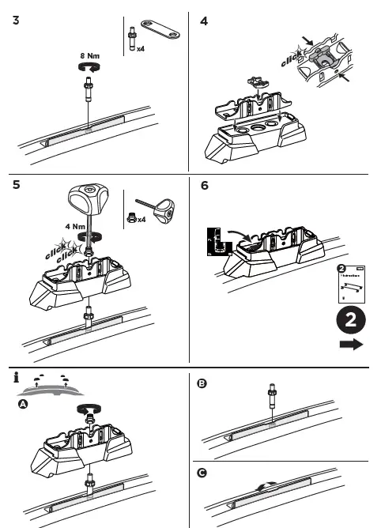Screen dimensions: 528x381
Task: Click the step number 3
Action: (17, 21)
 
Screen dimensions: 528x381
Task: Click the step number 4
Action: (204, 21)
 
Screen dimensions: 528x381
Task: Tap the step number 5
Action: (17, 187)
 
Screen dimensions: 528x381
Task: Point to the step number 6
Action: (205, 187)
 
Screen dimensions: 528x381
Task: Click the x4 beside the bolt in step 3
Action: (140, 48)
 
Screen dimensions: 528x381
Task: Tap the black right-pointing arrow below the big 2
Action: (349, 345)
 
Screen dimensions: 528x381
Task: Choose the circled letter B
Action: (202, 383)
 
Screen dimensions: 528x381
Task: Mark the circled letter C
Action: (202, 472)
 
